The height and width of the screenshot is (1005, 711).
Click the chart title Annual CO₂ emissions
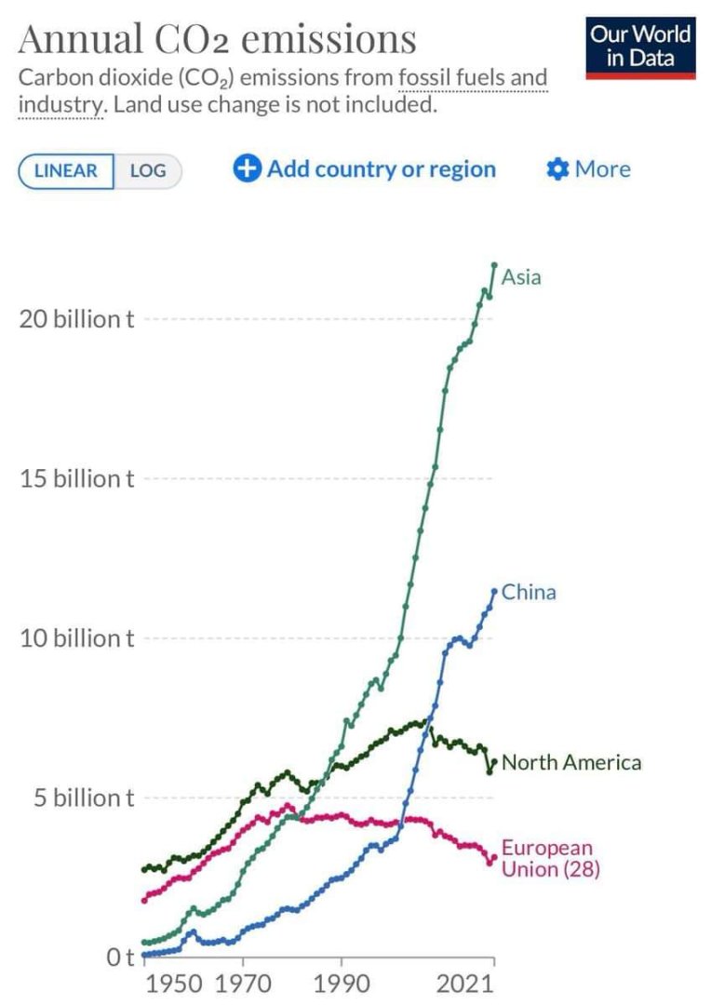click(217, 39)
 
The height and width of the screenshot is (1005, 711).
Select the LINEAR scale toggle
click(65, 171)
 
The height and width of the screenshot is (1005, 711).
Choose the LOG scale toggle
click(147, 171)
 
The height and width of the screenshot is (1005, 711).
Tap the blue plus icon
click(247, 169)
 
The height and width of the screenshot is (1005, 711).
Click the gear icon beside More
click(557, 169)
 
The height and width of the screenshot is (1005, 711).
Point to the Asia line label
click(521, 276)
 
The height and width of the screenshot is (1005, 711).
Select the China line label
click(529, 592)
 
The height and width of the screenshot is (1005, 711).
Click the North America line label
click(571, 763)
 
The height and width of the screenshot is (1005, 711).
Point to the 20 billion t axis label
click(77, 319)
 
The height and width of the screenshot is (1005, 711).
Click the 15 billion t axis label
click(77, 479)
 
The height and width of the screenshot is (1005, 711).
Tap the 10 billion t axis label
click(77, 639)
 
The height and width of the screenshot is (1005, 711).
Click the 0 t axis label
click(119, 957)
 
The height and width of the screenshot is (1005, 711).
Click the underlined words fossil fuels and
click(473, 78)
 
